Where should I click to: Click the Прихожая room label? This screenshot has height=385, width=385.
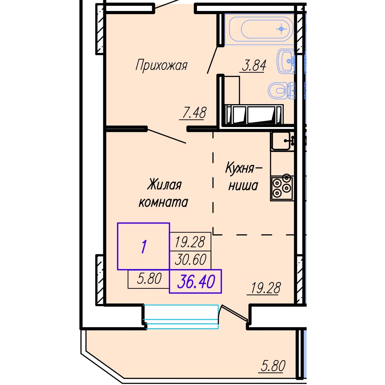pos(161,65)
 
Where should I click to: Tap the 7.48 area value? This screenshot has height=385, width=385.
pos(194,113)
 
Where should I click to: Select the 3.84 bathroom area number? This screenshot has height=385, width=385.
pos(254,65)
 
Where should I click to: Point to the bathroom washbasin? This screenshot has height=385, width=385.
pos(286,61)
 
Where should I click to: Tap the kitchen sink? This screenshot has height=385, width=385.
pos(282,141)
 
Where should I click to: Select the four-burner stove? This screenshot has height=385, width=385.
pos(282,188)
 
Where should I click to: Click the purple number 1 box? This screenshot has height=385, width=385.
pos(143,246)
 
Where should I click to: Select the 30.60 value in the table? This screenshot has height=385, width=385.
pos(191,259)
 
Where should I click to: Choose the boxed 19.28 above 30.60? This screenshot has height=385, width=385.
pos(190,242)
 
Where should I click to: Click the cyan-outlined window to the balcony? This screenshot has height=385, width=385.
pos(181,317)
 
